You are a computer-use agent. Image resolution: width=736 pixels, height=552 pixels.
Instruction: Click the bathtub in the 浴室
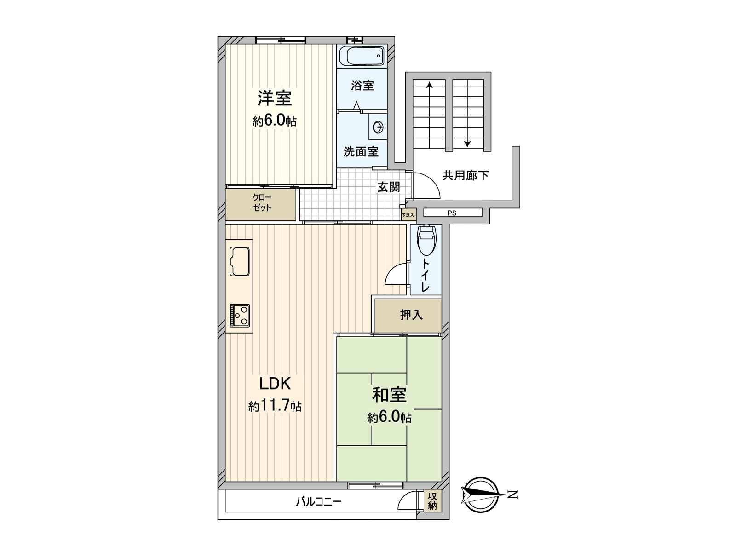click(362, 57)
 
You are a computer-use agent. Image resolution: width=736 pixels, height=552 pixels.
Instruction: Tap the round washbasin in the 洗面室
click(378, 126)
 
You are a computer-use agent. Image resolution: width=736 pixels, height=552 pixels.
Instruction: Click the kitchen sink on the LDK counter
click(240, 261)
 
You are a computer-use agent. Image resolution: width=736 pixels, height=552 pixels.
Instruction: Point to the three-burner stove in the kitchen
click(240, 315)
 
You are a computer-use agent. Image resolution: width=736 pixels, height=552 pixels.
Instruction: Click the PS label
click(452, 213)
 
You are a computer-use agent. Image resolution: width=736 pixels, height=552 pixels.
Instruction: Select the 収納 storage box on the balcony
click(432, 500)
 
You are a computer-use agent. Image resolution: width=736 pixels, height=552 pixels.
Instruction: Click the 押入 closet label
click(411, 315)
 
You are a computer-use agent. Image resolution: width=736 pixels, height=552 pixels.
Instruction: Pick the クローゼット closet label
click(262, 203)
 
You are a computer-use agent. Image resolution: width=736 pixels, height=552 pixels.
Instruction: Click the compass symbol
click(481, 494)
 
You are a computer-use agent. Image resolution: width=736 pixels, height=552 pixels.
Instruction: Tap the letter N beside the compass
click(513, 495)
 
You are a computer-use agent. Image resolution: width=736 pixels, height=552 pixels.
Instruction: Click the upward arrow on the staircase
click(429, 85)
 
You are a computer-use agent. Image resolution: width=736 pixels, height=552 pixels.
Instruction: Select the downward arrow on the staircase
click(467, 143)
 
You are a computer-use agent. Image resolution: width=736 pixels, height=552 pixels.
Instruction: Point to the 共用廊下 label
click(465, 175)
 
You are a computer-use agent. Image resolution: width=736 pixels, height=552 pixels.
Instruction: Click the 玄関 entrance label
click(389, 187)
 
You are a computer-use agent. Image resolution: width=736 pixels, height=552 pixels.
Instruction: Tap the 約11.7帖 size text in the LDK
click(275, 406)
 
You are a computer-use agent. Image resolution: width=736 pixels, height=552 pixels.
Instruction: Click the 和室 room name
click(389, 395)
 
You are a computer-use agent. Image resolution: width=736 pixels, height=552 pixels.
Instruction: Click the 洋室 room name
click(274, 98)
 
